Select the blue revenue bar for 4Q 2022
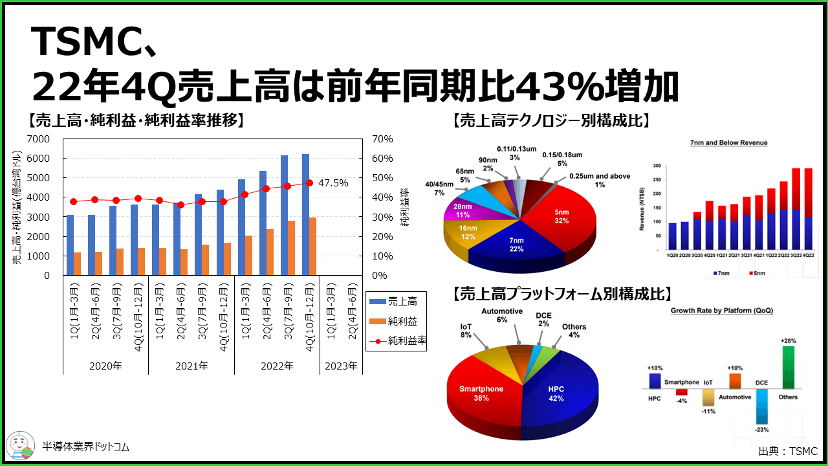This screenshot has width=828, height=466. [x=305, y=214]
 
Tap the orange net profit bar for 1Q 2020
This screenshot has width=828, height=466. [x=78, y=263]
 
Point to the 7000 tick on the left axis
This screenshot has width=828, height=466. [x=38, y=139]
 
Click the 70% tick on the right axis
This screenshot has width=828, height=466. [x=382, y=139]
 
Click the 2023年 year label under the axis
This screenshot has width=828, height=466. [x=341, y=366]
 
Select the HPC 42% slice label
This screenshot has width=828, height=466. [x=556, y=394]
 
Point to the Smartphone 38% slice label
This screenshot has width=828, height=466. [x=481, y=394]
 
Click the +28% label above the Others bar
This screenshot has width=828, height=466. [x=787, y=340]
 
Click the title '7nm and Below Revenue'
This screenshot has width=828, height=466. [x=728, y=142]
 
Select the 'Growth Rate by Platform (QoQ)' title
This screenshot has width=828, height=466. [x=721, y=311]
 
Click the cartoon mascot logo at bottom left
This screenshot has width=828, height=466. [x=21, y=447]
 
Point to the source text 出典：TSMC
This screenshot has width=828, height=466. [x=787, y=450]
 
